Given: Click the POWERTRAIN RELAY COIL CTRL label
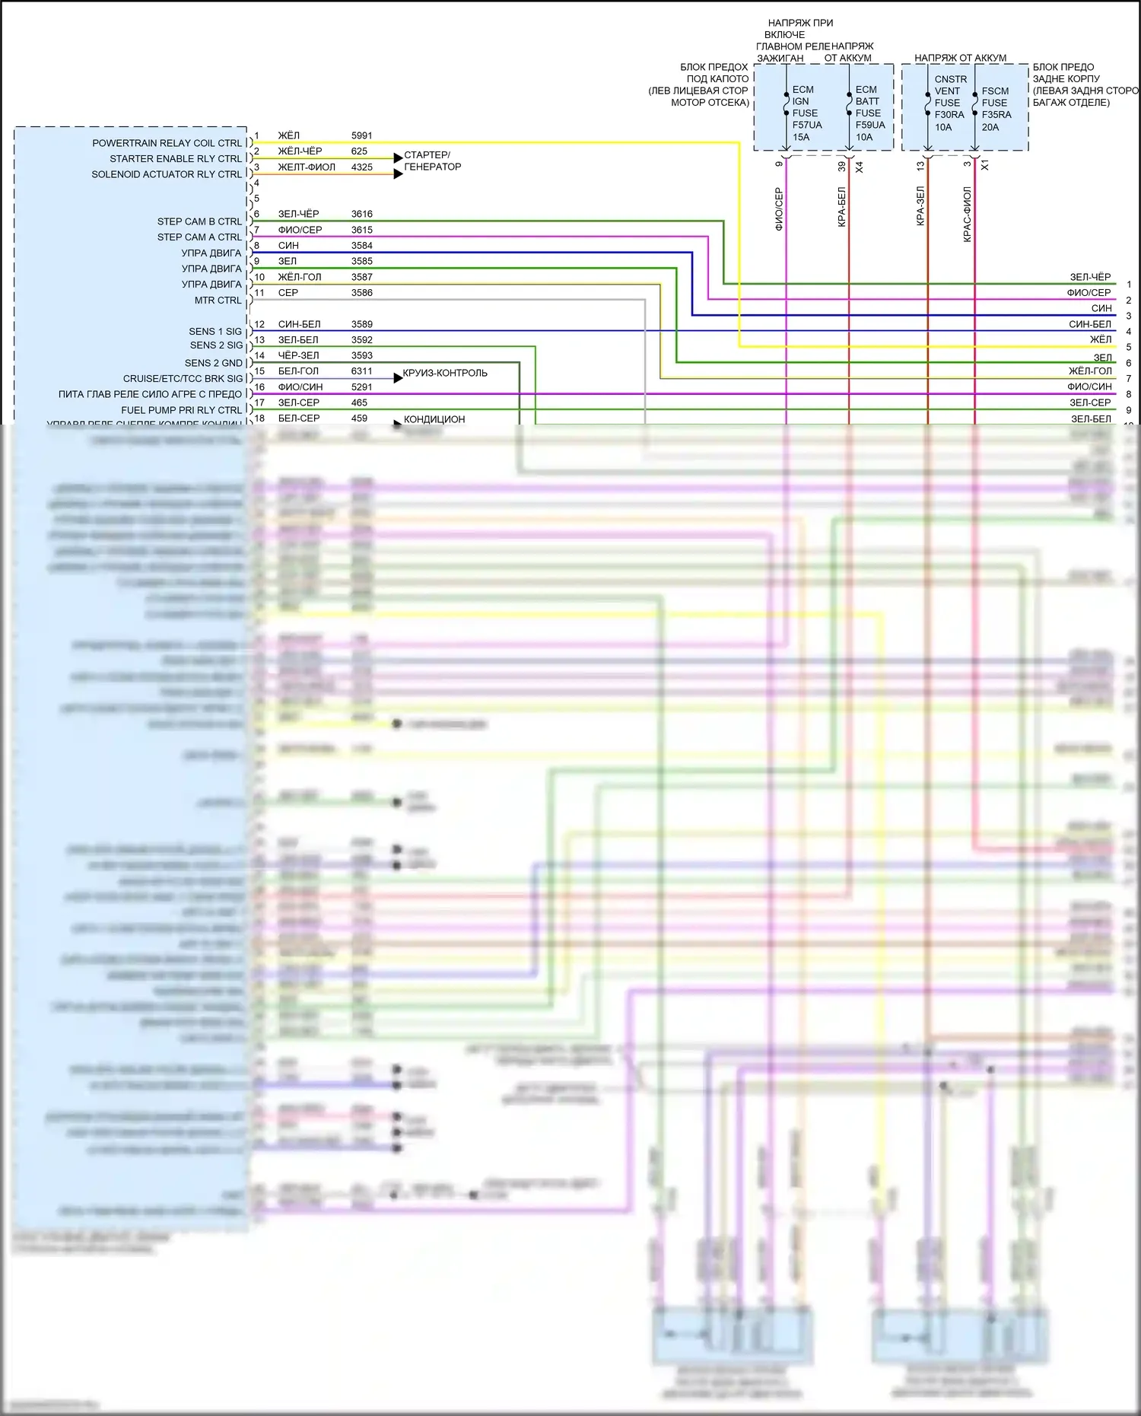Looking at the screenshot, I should tap(167, 143).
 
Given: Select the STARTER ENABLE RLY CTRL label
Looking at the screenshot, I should tap(176, 159).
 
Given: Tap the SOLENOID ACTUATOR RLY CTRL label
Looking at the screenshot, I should tap(167, 174).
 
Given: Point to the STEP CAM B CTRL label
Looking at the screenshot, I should tap(199, 221).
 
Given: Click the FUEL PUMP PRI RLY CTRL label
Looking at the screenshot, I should tap(181, 410).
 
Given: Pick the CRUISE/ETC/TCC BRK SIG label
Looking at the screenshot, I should tap(183, 378).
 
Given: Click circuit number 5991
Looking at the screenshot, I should tap(361, 135).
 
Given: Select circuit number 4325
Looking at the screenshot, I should tap(361, 167).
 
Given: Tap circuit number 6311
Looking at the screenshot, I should tap(361, 371).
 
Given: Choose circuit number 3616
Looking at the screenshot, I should tap(361, 214).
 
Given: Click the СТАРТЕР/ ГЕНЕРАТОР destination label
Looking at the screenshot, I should tap(432, 161).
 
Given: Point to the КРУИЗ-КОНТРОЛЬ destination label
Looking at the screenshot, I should tap(445, 373).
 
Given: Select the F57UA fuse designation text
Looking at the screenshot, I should tap(807, 125).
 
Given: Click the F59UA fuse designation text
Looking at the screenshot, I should tap(870, 125).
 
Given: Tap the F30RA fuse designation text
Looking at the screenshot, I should tap(949, 115).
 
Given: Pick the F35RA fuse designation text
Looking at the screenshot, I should tap(996, 115).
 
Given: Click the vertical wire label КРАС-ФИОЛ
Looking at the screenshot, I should tap(968, 215).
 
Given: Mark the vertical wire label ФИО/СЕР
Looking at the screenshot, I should tap(779, 209).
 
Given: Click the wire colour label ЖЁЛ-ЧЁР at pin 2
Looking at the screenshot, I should tap(300, 151).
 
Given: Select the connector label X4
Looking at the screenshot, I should tap(859, 167).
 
